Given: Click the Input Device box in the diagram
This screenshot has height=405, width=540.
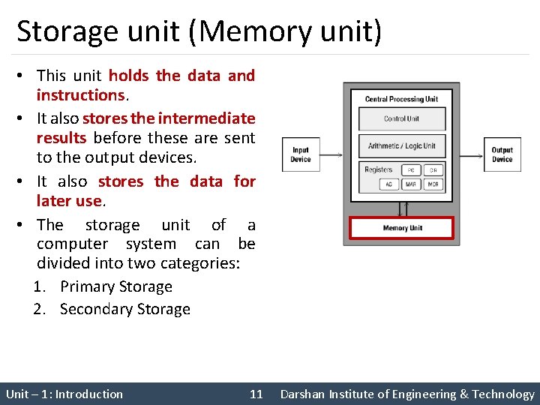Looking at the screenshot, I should coord(300,154).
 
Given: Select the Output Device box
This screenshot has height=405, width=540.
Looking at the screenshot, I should coord(502,154).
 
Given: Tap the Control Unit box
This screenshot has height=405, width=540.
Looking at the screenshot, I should coord(402,119).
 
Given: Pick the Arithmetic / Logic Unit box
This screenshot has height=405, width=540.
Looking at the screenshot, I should coord(402,145).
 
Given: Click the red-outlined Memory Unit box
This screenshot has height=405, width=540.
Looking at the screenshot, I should coord(402,228).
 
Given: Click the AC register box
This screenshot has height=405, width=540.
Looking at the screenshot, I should coord(389,184).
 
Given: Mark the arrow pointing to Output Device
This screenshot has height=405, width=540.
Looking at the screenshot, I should coord(471,154).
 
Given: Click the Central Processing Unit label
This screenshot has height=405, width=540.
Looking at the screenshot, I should coord(401,99).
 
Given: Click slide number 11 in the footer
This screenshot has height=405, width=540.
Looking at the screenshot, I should coord(256,394).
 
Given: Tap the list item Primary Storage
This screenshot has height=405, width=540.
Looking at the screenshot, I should coord(115,286).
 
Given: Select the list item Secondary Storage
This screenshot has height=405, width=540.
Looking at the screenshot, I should coord(124,309).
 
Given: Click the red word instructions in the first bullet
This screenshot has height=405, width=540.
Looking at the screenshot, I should coord(80,95).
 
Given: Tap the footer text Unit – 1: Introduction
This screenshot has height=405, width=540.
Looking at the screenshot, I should coord(64,394).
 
